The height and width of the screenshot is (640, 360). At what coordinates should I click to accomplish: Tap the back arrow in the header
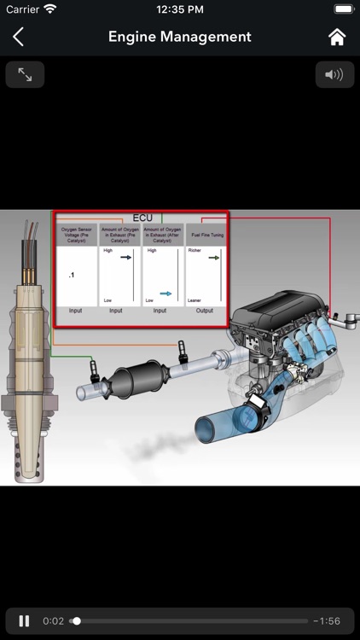click(x=18, y=37)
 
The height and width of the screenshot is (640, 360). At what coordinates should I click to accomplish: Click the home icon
click(x=337, y=37)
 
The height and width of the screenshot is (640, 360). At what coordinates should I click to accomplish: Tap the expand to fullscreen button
click(x=25, y=75)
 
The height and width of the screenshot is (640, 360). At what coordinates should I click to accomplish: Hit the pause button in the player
click(x=25, y=620)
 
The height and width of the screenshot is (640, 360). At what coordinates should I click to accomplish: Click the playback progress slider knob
click(x=76, y=620)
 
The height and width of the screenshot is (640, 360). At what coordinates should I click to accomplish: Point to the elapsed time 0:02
click(x=52, y=620)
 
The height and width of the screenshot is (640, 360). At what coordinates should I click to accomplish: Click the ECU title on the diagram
click(x=142, y=218)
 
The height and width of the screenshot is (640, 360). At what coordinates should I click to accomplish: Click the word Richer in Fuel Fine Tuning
click(x=195, y=251)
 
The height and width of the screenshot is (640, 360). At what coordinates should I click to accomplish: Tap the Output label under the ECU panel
click(x=205, y=311)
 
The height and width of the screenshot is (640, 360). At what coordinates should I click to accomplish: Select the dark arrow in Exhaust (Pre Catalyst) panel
click(x=125, y=256)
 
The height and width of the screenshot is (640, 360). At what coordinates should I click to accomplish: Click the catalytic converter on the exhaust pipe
click(x=136, y=376)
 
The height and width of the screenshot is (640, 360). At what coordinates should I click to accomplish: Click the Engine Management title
click(x=179, y=37)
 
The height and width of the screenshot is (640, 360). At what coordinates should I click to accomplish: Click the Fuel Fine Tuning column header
click(x=206, y=235)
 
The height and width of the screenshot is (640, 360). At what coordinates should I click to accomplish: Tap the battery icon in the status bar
click(x=344, y=9)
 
